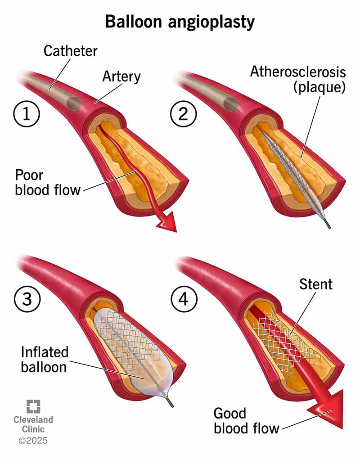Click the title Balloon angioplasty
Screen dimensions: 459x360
(180, 22)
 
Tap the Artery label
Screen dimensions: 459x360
(121, 76)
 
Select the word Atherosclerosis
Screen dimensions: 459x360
(298, 72)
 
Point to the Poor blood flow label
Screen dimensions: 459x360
(48, 182)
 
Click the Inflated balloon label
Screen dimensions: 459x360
(44, 358)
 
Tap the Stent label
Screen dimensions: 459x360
(315, 284)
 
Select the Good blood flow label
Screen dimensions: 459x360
(246, 420)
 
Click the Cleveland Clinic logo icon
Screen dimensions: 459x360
(33, 406)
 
